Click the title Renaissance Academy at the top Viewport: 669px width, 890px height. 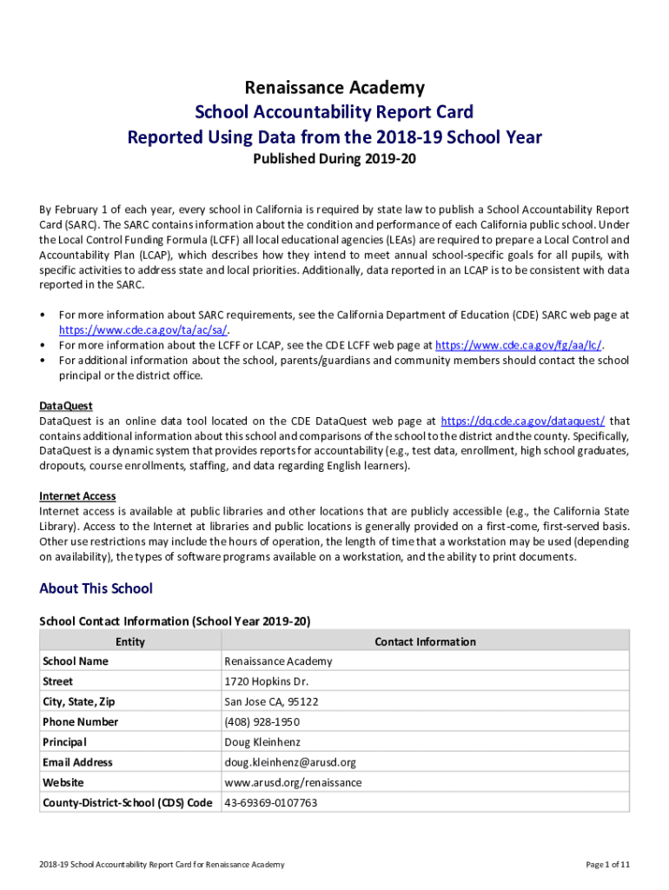pyautogui.click(x=334, y=87)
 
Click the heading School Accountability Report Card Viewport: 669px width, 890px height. pyautogui.click(x=334, y=112)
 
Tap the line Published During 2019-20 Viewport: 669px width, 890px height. pyautogui.click(x=334, y=161)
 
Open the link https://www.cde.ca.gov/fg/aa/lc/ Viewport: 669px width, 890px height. pyautogui.click(x=519, y=345)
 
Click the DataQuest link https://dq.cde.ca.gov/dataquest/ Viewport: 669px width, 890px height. pyautogui.click(x=523, y=421)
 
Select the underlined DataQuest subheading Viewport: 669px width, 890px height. pyautogui.click(x=66, y=406)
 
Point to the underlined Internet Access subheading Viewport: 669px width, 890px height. pyautogui.click(x=77, y=496)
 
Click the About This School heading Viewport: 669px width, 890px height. pyautogui.click(x=96, y=588)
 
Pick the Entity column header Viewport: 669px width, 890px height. pyautogui.click(x=129, y=641)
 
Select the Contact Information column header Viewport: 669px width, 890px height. pyautogui.click(x=425, y=641)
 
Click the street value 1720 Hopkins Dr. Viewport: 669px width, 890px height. pyautogui.click(x=266, y=681)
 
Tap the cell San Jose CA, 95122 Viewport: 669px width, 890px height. pyautogui.click(x=271, y=701)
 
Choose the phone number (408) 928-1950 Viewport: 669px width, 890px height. pyautogui.click(x=262, y=721)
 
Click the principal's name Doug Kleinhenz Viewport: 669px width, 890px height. pyautogui.click(x=262, y=742)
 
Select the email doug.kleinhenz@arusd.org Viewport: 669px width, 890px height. pyautogui.click(x=290, y=762)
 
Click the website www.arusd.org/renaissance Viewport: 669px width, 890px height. pyautogui.click(x=293, y=782)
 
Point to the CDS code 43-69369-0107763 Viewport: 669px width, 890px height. pyautogui.click(x=270, y=803)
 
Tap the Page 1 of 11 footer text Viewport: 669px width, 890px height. pyautogui.click(x=607, y=864)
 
